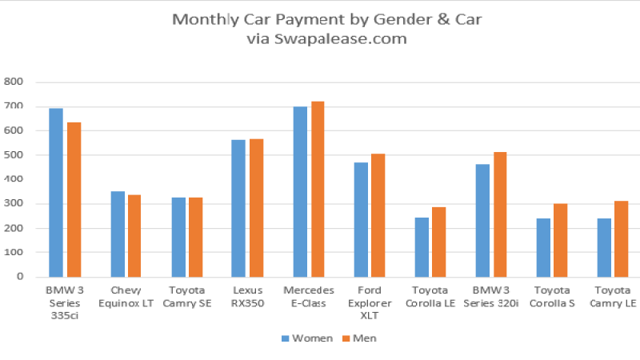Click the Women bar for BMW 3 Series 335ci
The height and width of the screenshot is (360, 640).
56,192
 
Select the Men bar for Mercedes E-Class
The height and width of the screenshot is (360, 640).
318,189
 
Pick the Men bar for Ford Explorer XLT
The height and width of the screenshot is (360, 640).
378,215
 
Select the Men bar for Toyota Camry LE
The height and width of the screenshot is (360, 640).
622,238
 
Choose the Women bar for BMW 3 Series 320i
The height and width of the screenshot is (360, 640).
482,220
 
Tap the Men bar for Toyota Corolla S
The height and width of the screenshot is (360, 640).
561,240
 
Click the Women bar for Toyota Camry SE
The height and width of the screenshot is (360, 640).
178,237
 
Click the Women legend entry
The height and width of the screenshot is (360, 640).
306,338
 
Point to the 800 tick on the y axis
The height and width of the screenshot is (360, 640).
14,82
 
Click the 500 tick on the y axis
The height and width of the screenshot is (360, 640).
14,155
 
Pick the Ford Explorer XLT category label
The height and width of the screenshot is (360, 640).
370,301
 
